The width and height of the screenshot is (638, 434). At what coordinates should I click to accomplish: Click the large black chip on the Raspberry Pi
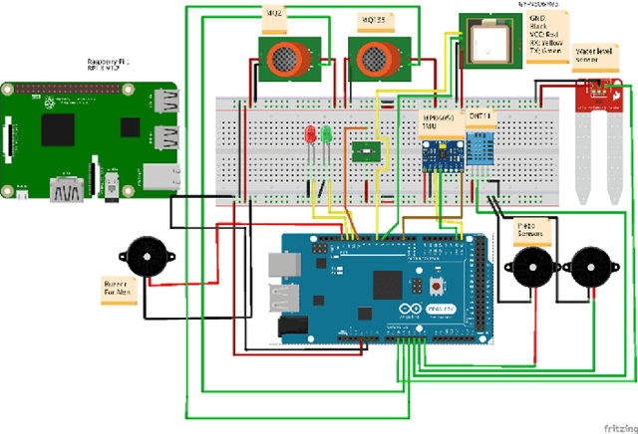click(x=59, y=127)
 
